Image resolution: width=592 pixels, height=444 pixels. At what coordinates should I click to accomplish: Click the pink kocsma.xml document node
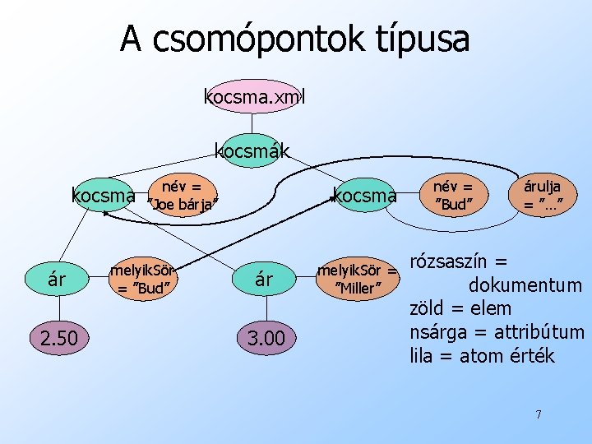point(254,96)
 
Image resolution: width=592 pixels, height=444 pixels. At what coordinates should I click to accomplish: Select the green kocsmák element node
point(252,150)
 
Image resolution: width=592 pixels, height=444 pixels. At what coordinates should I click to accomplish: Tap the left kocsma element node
point(104,197)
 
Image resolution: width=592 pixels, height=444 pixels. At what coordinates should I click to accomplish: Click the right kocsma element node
point(364,197)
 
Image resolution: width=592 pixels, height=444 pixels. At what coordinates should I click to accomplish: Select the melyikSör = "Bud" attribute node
point(144,279)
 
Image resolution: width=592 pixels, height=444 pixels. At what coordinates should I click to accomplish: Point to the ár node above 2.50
point(57,279)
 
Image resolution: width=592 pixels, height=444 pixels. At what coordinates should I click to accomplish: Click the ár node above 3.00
point(263,279)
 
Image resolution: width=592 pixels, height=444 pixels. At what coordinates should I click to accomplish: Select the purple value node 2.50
point(57,338)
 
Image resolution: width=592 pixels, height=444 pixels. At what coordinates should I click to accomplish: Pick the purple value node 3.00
point(263,338)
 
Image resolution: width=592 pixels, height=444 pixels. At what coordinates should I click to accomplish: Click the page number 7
point(539,414)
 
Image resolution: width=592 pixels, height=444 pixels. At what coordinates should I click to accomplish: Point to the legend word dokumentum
point(525,286)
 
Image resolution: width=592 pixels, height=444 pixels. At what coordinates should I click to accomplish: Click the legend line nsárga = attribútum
point(497,332)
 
